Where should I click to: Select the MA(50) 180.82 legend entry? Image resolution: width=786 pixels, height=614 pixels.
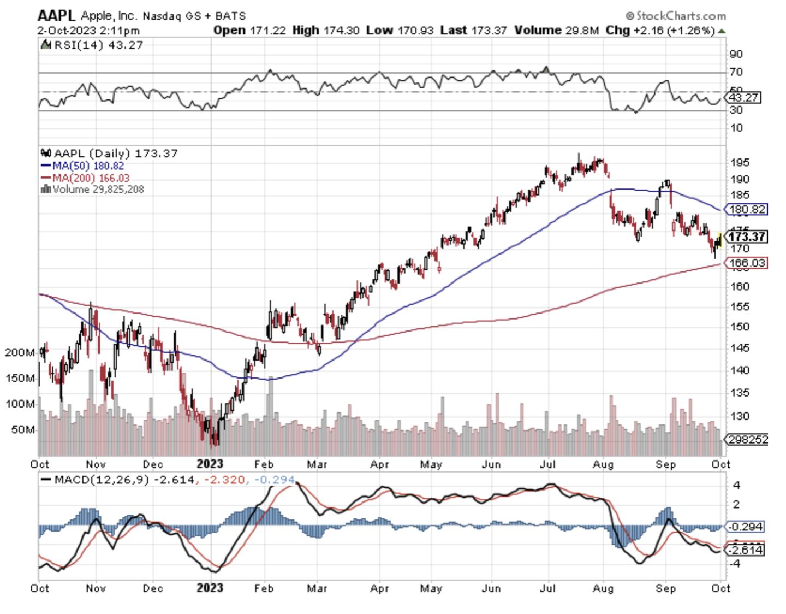[83, 166]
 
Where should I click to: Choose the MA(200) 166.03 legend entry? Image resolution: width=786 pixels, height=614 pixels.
[85, 178]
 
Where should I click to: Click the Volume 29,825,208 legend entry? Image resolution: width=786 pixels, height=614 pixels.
[93, 190]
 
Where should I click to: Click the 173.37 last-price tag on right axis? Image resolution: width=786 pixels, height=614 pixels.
[747, 237]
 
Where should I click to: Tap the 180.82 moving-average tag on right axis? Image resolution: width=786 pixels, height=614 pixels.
[746, 209]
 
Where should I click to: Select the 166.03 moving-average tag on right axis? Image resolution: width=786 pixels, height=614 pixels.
[747, 263]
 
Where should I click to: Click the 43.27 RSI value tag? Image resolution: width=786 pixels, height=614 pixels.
[743, 97]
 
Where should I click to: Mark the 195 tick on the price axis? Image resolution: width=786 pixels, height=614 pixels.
[740, 162]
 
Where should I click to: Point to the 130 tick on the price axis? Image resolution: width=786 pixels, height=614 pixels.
[740, 416]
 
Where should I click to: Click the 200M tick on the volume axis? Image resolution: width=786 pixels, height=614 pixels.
[20, 352]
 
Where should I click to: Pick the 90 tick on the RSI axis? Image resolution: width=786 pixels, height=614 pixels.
[736, 54]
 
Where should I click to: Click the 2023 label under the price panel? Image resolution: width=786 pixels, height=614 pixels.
[210, 464]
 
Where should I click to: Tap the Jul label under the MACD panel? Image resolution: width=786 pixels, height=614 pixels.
[547, 588]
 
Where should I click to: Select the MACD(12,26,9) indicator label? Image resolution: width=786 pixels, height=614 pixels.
[102, 480]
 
